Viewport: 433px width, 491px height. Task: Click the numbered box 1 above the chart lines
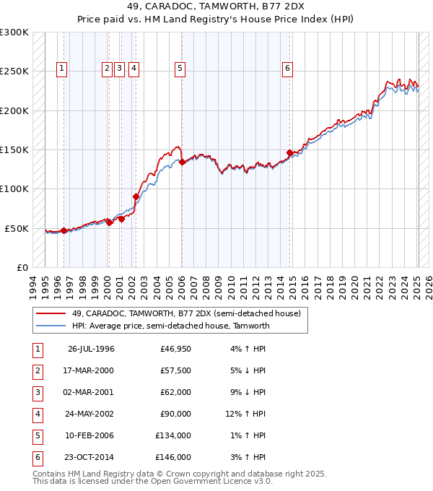[62, 69]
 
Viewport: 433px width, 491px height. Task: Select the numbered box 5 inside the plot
[180, 69]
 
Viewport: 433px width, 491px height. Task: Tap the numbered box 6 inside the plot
[287, 69]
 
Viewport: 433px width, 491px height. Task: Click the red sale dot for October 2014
[289, 153]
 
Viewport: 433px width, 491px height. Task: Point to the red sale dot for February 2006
[182, 162]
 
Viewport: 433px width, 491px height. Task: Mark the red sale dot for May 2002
[136, 196]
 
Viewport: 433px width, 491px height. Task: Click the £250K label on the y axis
[14, 71]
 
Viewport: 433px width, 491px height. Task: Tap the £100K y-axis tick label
[14, 188]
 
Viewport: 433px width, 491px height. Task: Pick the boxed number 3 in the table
[37, 392]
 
